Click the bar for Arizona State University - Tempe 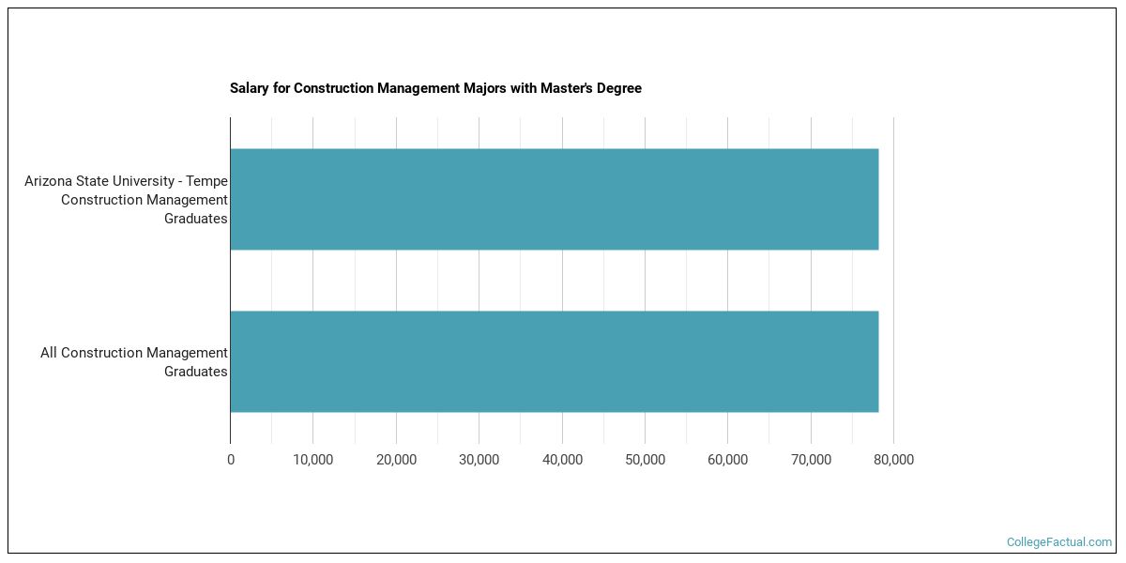tap(554, 199)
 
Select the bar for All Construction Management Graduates tap(554, 361)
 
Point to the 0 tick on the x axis tap(231, 460)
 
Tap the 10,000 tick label tap(313, 460)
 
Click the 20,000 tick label tap(396, 460)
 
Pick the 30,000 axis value tap(479, 460)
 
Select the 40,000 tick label tap(562, 460)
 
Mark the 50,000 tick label tap(645, 460)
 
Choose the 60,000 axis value tap(727, 460)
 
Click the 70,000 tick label tap(811, 460)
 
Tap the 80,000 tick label tap(893, 460)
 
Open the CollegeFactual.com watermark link tap(1058, 542)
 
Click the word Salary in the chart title tap(250, 88)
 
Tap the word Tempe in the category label tap(208, 181)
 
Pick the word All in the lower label tap(49, 353)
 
